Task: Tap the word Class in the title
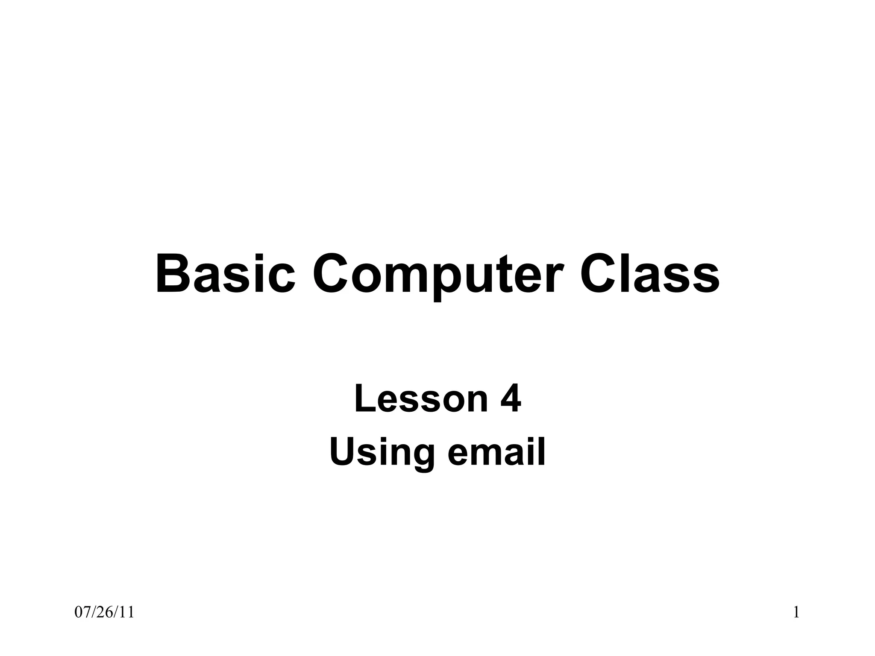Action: (649, 274)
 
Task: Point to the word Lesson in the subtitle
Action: (421, 399)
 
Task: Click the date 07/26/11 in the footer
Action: (104, 612)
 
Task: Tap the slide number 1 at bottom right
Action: (796, 612)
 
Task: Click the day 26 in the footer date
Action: (104, 612)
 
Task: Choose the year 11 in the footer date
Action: (127, 612)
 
